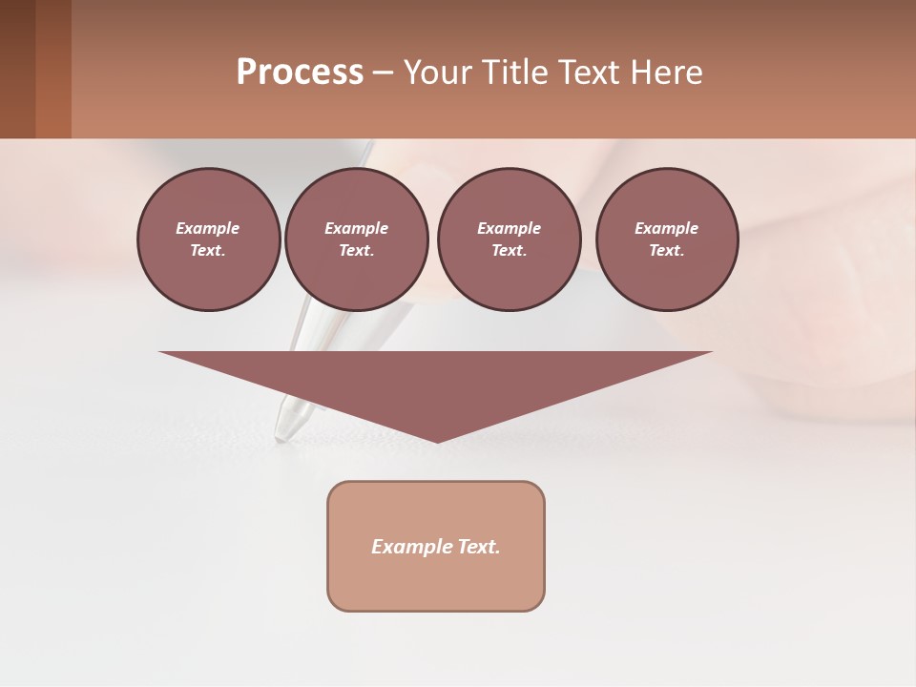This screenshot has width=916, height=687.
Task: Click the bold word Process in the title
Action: [300, 73]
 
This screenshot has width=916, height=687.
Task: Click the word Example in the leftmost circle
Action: [208, 228]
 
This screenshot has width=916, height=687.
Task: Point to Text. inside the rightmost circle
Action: [667, 250]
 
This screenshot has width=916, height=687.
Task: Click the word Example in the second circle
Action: [356, 228]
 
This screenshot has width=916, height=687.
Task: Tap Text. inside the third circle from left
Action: [509, 250]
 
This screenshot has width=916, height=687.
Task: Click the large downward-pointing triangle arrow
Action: [436, 382]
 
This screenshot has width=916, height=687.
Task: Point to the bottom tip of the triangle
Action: [437, 440]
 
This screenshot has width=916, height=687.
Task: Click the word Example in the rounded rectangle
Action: [412, 547]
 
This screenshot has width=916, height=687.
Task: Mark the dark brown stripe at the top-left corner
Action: [17, 69]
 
